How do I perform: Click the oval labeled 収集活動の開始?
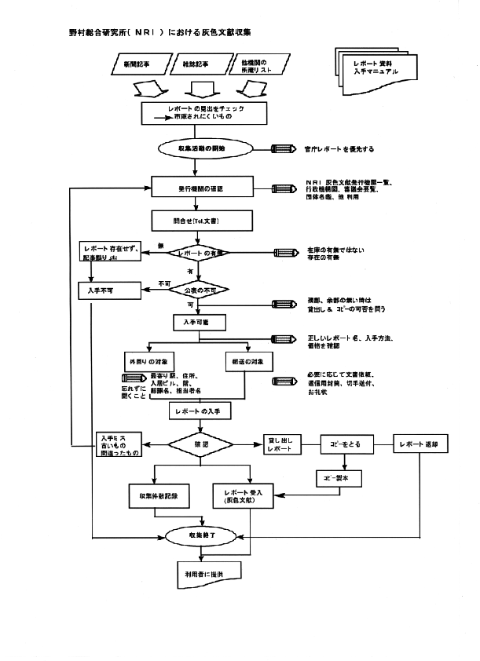tap(203, 148)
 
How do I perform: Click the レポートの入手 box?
tap(201, 410)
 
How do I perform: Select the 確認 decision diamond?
tap(203, 444)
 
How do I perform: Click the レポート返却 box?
tap(425, 444)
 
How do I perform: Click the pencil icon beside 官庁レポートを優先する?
tap(282, 148)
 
